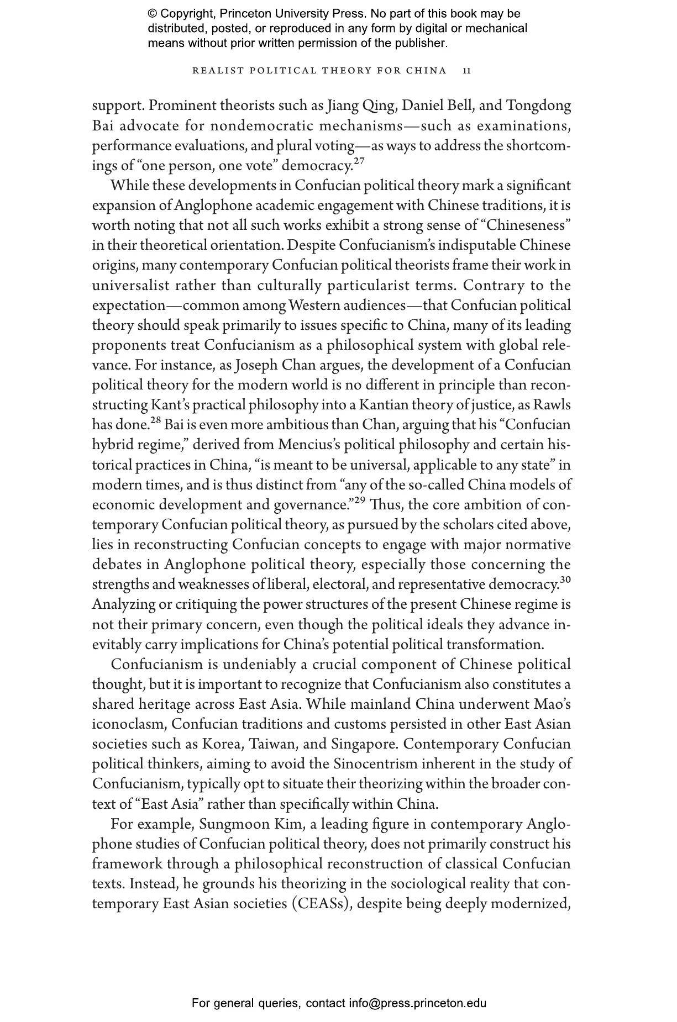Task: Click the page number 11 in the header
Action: (x=467, y=71)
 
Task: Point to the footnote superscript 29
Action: (x=360, y=500)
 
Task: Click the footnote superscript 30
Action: (x=565, y=580)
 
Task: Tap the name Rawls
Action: (x=552, y=405)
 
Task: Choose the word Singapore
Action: (x=364, y=744)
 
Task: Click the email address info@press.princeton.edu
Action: (x=417, y=1003)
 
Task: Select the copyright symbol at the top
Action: (x=153, y=14)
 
